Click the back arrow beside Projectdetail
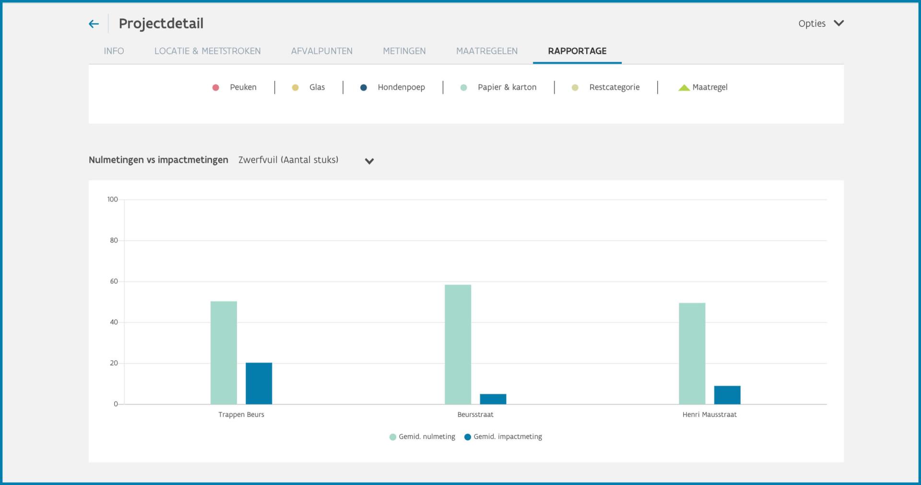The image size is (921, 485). (x=94, y=24)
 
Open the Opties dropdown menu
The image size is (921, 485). (x=821, y=23)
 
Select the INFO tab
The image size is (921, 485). (x=114, y=51)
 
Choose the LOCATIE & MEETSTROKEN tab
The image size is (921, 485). (x=207, y=51)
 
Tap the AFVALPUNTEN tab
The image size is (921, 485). (x=322, y=51)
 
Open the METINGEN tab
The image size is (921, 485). (x=404, y=51)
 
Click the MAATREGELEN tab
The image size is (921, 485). (x=487, y=51)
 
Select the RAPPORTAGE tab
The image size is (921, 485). (x=577, y=51)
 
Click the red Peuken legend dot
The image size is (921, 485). (x=216, y=87)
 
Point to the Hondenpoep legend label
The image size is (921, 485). (x=401, y=87)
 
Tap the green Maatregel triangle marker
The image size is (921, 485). (x=684, y=87)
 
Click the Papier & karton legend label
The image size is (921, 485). (x=507, y=87)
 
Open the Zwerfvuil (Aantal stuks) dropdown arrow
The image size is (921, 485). (x=369, y=161)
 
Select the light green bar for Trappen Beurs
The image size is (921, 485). (x=224, y=353)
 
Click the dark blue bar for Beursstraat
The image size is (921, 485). (x=493, y=399)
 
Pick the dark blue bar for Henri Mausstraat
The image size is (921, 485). (x=727, y=395)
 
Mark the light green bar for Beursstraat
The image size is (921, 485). (x=458, y=344)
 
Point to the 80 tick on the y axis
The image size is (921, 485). (x=114, y=240)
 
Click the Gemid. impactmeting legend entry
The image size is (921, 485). (x=503, y=437)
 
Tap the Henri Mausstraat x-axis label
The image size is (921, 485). (x=709, y=414)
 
